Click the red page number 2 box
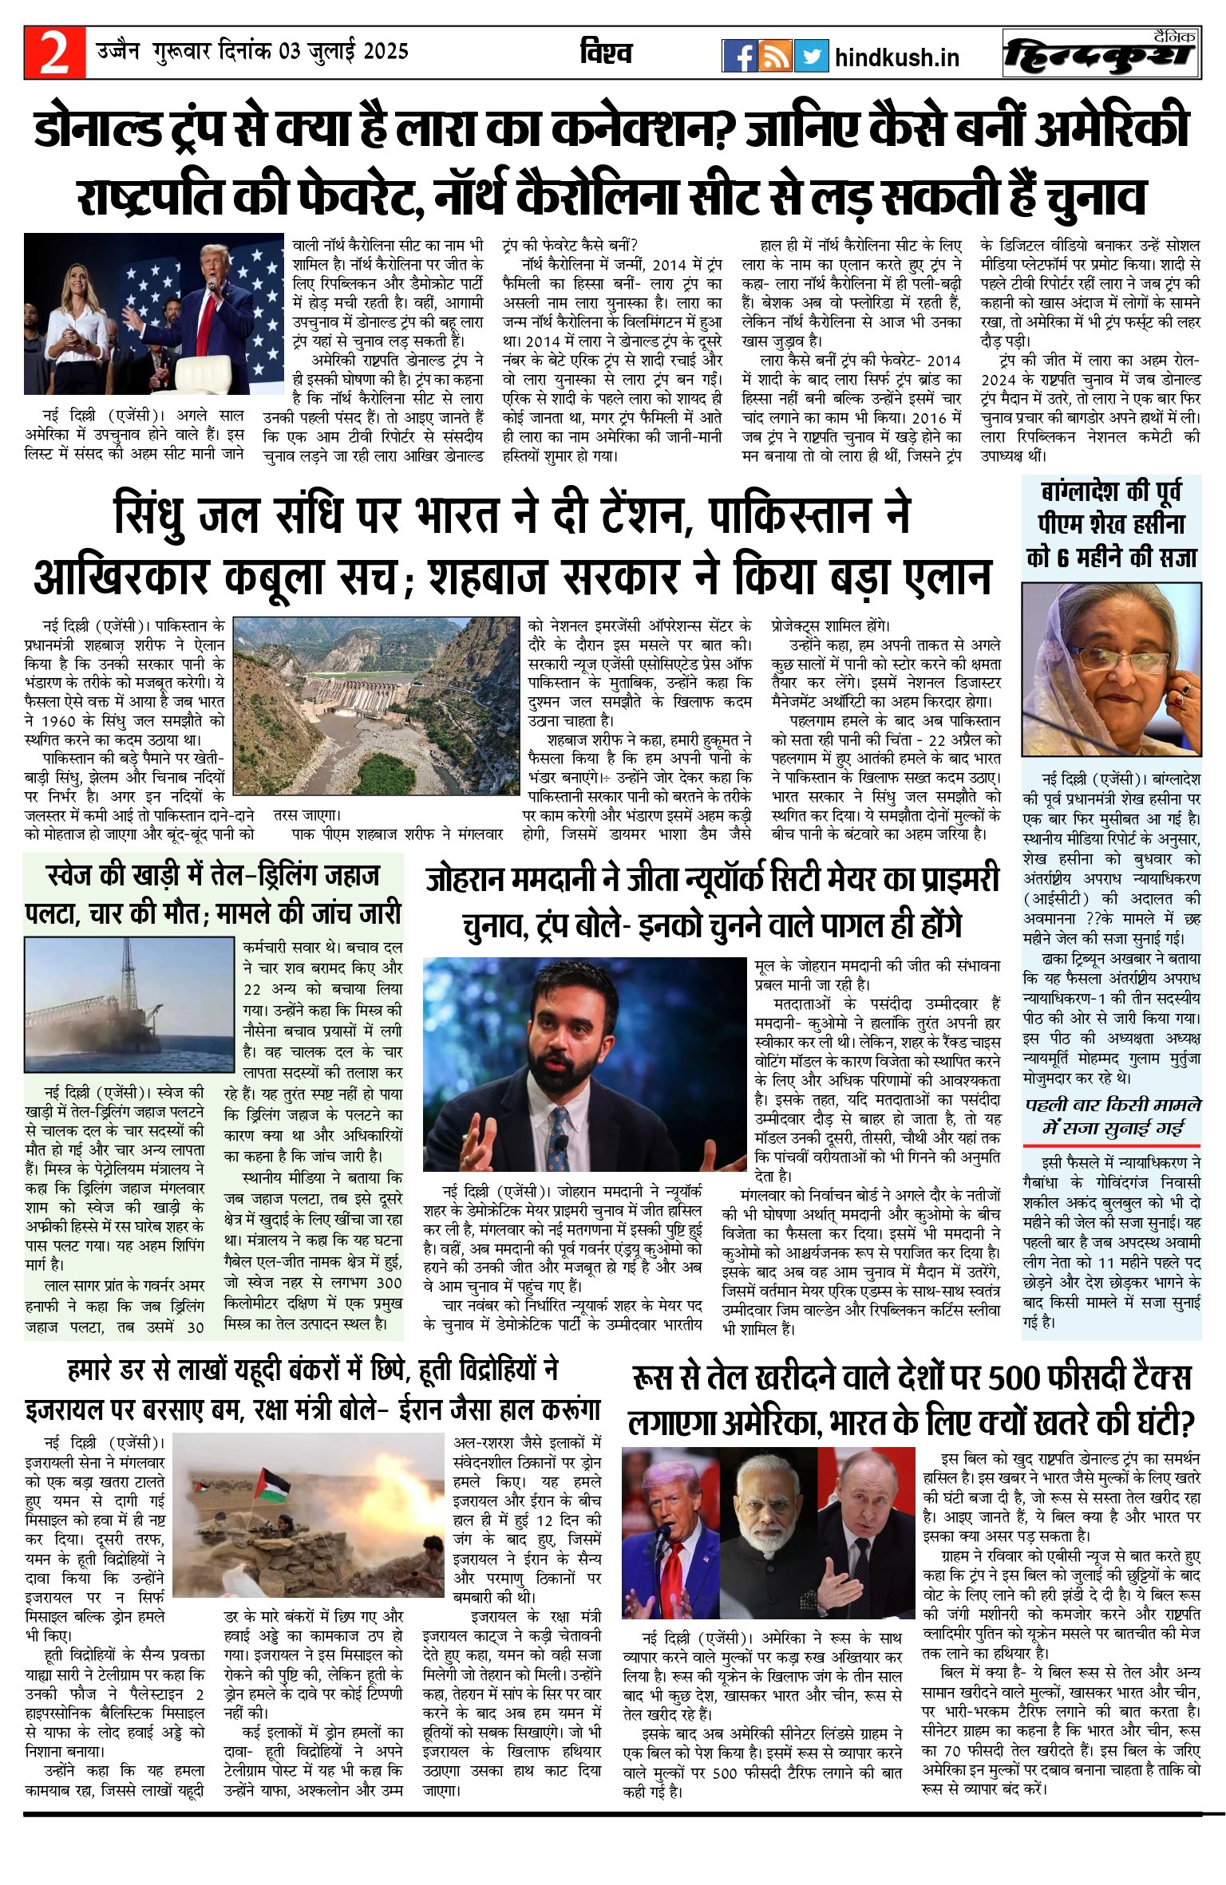coord(54,53)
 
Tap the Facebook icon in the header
coord(739,56)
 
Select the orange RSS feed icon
coord(775,56)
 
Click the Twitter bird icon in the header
coord(811,56)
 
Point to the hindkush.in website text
coord(896,57)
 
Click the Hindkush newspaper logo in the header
coord(1101,54)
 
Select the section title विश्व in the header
coord(606,53)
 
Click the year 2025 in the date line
coord(386,52)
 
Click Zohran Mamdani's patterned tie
coord(560,1134)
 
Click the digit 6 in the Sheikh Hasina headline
coord(1062,557)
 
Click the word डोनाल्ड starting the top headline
coord(99,128)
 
